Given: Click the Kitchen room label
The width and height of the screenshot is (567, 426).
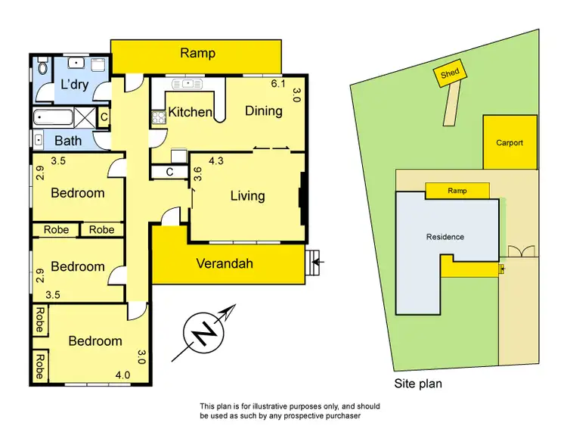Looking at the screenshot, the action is click(190, 112).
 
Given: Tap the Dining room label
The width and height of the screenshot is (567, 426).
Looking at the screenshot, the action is click(263, 110).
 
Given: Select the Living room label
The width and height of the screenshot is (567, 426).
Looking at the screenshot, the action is click(247, 196).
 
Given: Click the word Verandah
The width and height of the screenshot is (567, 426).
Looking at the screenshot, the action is click(225, 264).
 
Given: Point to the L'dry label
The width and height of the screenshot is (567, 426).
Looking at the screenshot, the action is click(75, 85).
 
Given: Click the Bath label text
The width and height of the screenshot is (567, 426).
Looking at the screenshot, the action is click(68, 141).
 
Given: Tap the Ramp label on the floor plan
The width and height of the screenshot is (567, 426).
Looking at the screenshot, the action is click(197, 53).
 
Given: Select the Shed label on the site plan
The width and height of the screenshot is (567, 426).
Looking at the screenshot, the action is click(449, 73).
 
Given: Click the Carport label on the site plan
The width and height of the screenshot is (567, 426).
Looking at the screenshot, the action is click(509, 142).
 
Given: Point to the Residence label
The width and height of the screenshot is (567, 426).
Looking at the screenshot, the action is click(445, 237).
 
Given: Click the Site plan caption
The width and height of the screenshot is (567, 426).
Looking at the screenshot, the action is click(418, 384).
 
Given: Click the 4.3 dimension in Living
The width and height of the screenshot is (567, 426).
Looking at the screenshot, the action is click(216, 160).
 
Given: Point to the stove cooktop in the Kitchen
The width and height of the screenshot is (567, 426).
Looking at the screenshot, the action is click(158, 117).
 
